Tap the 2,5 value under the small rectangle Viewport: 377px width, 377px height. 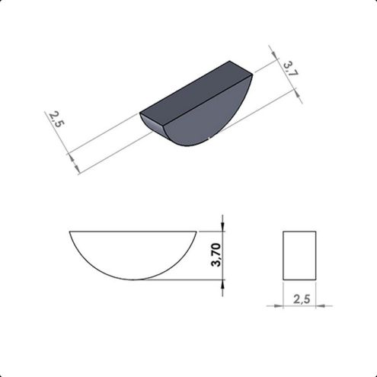pyautogui.click(x=301, y=299)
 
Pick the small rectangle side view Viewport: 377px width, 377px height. pyautogui.click(x=299, y=254)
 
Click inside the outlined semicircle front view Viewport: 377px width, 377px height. pyautogui.click(x=133, y=251)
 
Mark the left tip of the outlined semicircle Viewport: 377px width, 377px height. pyautogui.click(x=69, y=231)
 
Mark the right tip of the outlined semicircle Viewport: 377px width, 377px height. pyautogui.click(x=196, y=231)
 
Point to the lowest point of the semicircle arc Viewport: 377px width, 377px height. pyautogui.click(x=133, y=280)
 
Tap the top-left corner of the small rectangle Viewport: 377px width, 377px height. pyautogui.click(x=283, y=231)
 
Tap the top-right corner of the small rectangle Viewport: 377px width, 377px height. pyautogui.click(x=315, y=231)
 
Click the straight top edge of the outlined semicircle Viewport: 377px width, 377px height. pyautogui.click(x=133, y=231)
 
